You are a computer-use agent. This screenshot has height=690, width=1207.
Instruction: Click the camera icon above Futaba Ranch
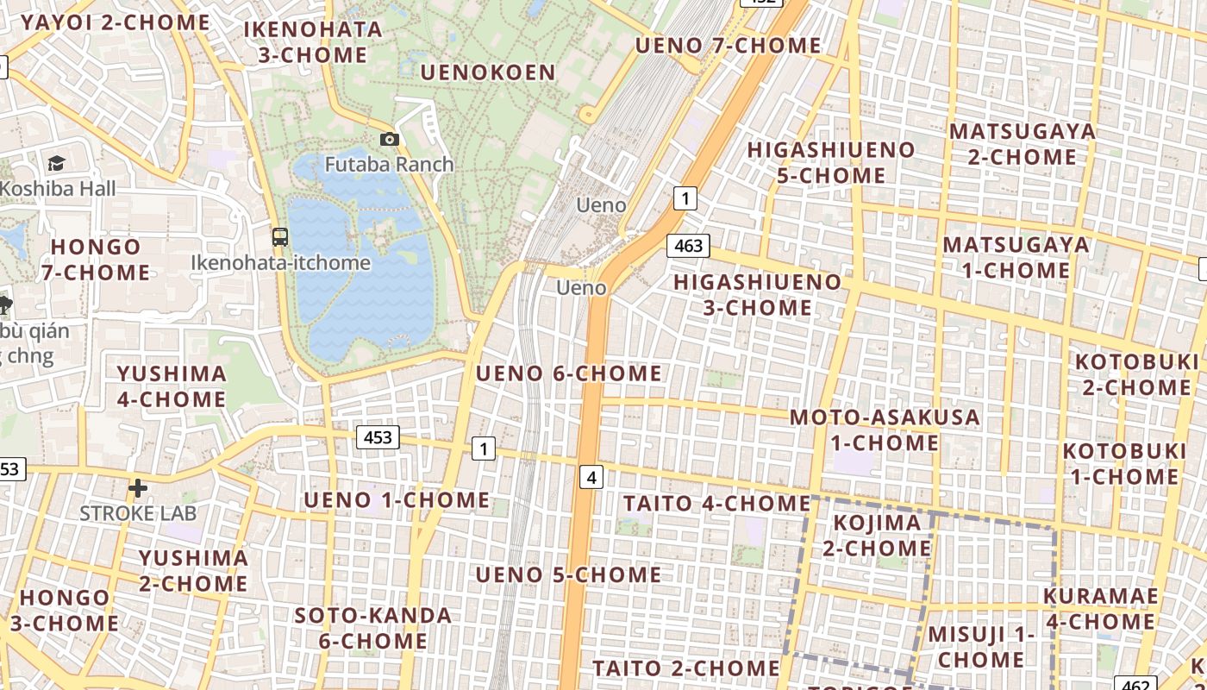pyautogui.click(x=390, y=139)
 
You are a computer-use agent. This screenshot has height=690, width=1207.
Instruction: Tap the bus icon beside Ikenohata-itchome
pyautogui.click(x=280, y=236)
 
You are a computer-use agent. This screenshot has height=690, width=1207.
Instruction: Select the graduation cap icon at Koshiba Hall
pyautogui.click(x=56, y=163)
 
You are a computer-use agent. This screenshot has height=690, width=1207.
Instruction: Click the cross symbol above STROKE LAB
pyautogui.click(x=137, y=489)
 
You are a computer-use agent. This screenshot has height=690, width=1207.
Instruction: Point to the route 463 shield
pyautogui.click(x=688, y=246)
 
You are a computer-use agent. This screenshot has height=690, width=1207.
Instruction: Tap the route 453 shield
pyautogui.click(x=378, y=437)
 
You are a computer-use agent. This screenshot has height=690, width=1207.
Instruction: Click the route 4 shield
pyautogui.click(x=591, y=476)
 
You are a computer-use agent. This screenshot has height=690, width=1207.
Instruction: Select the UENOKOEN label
pyautogui.click(x=488, y=72)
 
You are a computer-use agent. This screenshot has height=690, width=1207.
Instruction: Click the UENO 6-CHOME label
pyautogui.click(x=569, y=373)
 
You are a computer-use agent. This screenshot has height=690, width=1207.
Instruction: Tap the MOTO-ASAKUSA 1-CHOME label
pyautogui.click(x=885, y=430)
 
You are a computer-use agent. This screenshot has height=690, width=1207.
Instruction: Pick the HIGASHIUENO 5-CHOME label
pyautogui.click(x=831, y=162)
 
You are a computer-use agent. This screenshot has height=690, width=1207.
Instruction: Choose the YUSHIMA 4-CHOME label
pyautogui.click(x=172, y=386)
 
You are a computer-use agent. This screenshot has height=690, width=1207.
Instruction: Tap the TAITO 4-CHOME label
pyautogui.click(x=716, y=503)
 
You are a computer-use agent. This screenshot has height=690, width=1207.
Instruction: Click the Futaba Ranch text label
pyautogui.click(x=389, y=164)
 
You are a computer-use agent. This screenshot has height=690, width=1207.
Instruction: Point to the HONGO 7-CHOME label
pyautogui.click(x=96, y=259)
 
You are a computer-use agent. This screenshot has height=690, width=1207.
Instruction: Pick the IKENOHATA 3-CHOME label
pyautogui.click(x=313, y=41)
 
